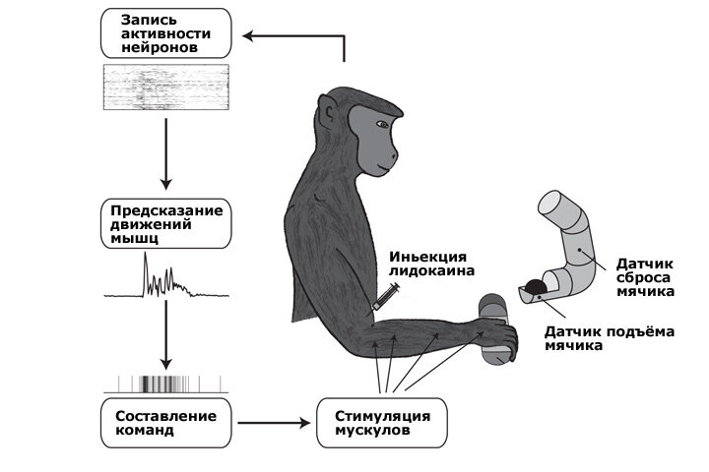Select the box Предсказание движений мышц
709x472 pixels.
(165, 224)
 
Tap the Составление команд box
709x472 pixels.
(165, 421)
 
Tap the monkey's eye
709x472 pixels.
(381, 123)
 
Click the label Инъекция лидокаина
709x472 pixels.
(431, 262)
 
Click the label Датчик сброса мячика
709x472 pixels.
(645, 277)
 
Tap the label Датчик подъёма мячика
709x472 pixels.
(610, 338)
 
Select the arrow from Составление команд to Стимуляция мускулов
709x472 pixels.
(273, 423)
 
